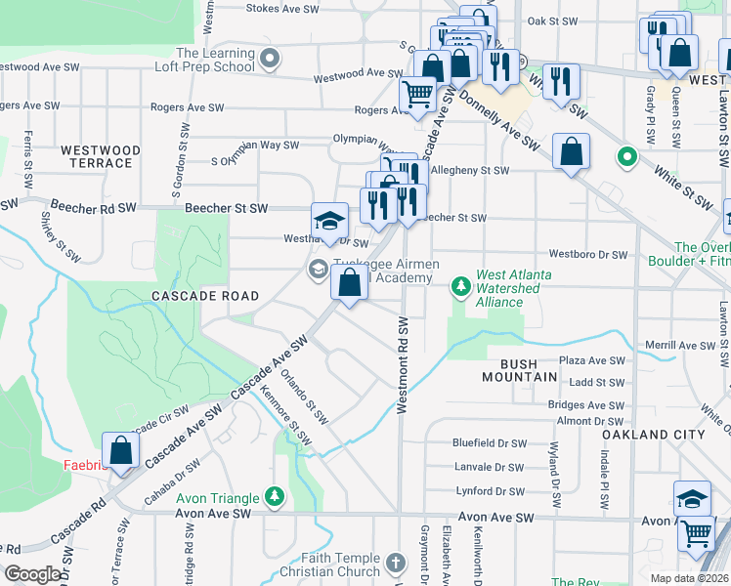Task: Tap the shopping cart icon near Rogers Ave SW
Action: tap(418, 96)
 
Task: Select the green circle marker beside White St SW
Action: tap(626, 156)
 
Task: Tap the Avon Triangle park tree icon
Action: tap(277, 497)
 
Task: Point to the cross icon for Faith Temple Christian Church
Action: tap(395, 564)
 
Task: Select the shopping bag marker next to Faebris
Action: tap(120, 451)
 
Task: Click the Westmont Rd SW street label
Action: tap(403, 364)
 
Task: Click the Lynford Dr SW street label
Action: tap(488, 491)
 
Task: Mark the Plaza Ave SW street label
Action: tap(591, 360)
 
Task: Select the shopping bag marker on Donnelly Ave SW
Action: tap(571, 153)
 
